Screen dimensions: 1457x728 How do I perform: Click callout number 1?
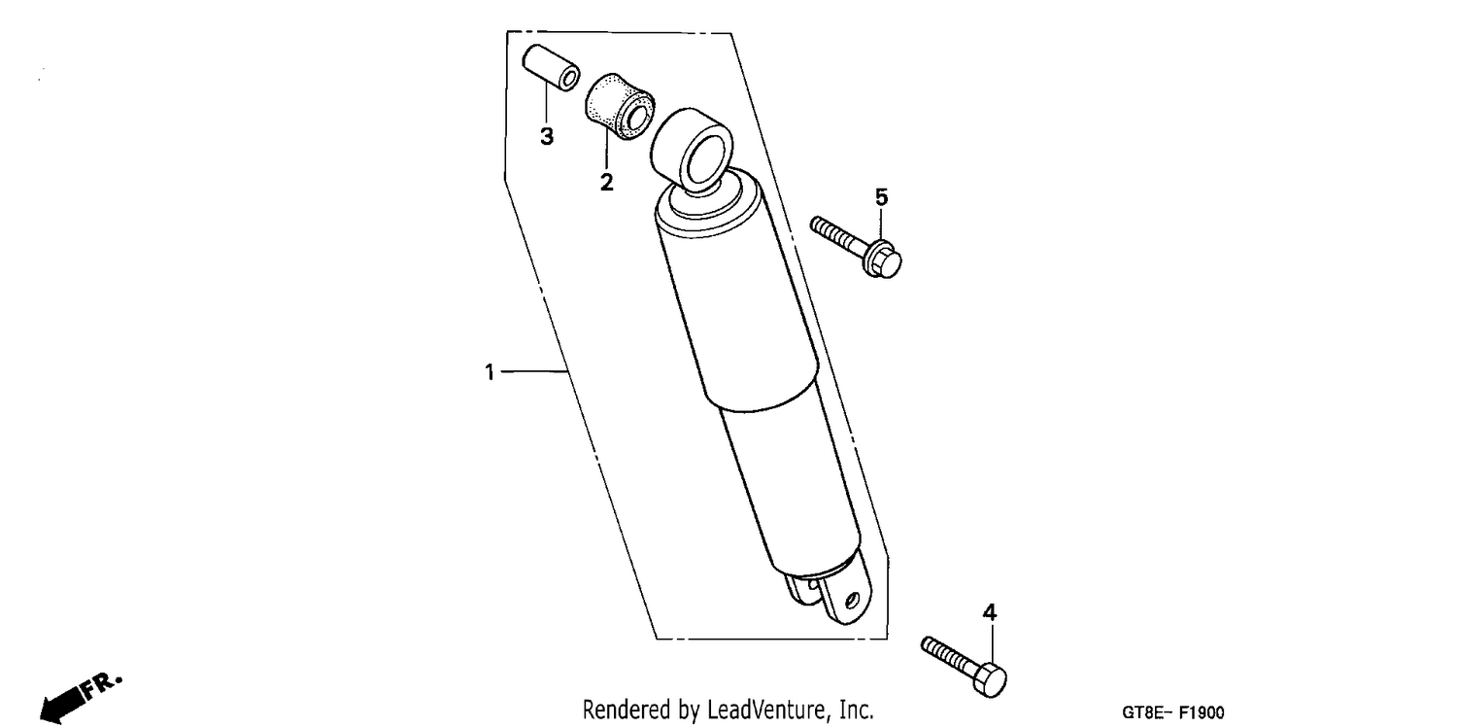pos(490,372)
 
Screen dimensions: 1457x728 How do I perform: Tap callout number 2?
pos(606,182)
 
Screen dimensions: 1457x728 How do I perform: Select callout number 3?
pos(547,136)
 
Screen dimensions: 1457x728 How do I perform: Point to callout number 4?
pos(989,612)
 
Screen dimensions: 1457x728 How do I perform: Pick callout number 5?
pos(881,196)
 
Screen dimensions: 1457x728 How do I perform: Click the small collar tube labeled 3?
pos(551,68)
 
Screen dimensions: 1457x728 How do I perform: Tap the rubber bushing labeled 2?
pos(620,106)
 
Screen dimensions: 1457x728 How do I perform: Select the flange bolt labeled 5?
pos(856,247)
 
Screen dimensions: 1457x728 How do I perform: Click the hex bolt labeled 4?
pos(964,666)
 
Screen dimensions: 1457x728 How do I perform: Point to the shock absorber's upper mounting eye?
pos(692,151)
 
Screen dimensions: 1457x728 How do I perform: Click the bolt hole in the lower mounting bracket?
pos(853,600)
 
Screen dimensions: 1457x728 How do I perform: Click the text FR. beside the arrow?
pos(101,684)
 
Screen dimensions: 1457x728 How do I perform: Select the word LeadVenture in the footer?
pos(764,710)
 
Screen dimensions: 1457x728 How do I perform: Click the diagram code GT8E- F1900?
pos(1172,712)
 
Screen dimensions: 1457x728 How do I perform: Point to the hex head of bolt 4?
pos(990,679)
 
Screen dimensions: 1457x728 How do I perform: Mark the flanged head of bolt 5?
pos(882,260)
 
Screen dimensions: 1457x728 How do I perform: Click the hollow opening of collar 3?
pos(569,80)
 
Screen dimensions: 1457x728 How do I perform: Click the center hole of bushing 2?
pos(634,119)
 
